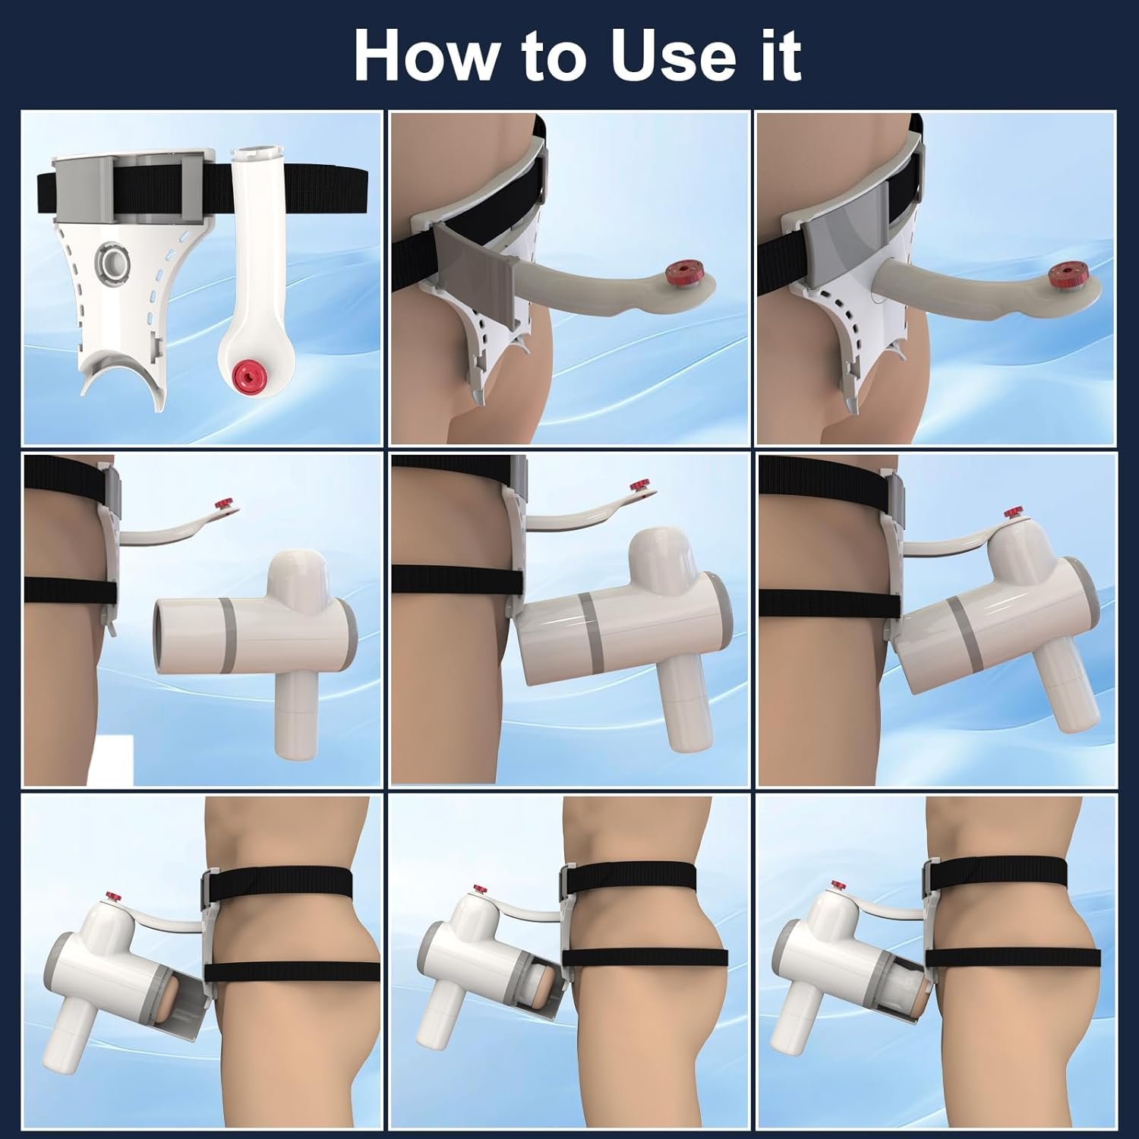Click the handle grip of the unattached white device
294,718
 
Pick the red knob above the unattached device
224,504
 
